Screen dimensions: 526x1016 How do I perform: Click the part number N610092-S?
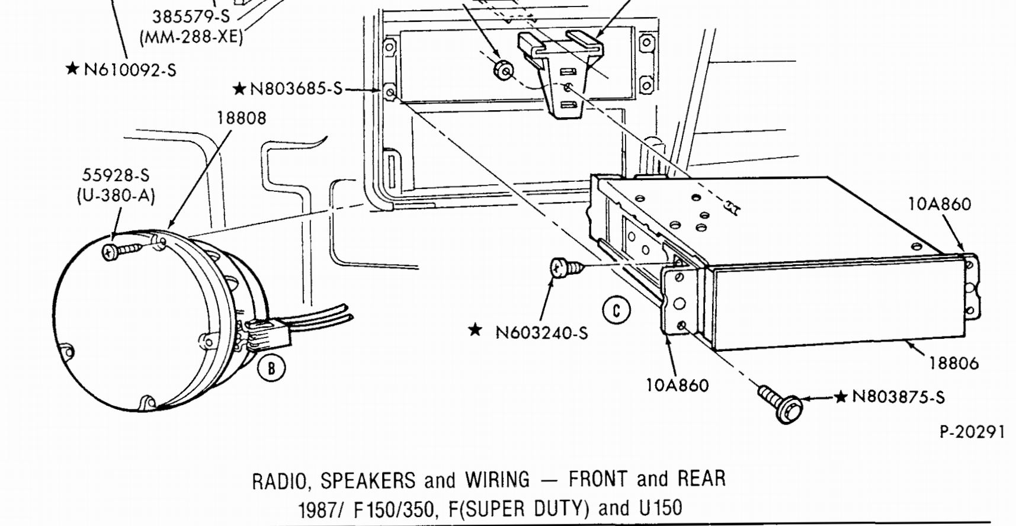click(130, 70)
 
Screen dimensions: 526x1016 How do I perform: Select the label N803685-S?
click(296, 89)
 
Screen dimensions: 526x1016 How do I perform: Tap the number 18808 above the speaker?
click(241, 118)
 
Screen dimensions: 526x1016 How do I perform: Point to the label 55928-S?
click(116, 175)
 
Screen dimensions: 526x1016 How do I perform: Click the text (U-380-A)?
click(116, 195)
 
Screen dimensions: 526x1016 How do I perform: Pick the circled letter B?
click(271, 368)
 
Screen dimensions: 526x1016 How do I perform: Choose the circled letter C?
click(616, 310)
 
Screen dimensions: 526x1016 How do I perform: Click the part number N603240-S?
click(541, 333)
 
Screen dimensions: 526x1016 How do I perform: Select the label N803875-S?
click(898, 397)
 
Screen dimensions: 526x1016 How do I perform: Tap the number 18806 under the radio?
click(953, 363)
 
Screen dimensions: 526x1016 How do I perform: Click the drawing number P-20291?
click(972, 432)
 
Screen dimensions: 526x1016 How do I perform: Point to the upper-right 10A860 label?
click(940, 204)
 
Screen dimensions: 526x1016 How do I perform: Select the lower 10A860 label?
click(677, 386)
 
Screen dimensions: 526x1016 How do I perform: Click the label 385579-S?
click(191, 17)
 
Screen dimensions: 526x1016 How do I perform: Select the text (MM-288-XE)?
click(191, 37)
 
